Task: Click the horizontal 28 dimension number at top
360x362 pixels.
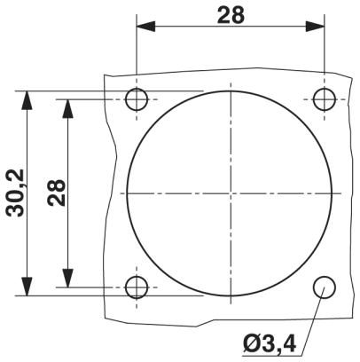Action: [x=231, y=15]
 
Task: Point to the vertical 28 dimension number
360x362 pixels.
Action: [x=56, y=193]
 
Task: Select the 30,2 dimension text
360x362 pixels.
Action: [x=16, y=193]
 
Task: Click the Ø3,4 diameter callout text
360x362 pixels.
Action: [x=270, y=343]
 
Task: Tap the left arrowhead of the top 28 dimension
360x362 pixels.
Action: [x=145, y=27]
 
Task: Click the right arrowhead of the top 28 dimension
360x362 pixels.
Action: [x=315, y=27]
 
